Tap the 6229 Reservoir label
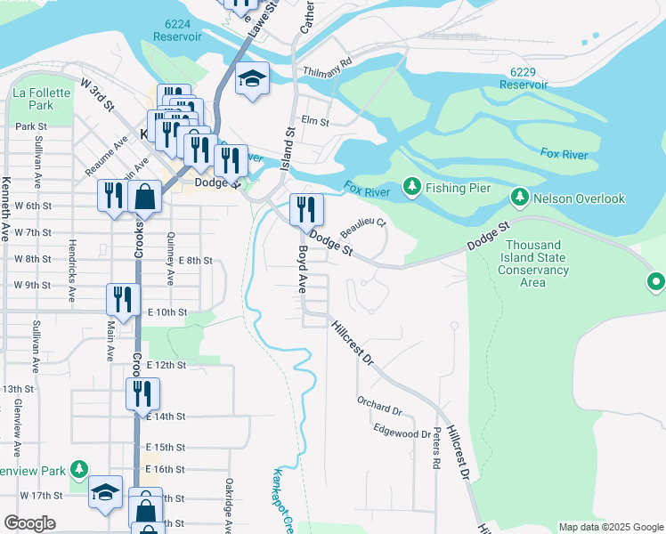[x=524, y=77]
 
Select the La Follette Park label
[x=34, y=98]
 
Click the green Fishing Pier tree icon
[x=411, y=187]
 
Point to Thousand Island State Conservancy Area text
[x=532, y=263]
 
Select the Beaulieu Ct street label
[x=363, y=228]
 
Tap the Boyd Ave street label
[x=302, y=271]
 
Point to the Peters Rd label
[x=437, y=452]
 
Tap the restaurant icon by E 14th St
[x=142, y=393]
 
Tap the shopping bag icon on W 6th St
[x=144, y=196]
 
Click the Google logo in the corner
[x=29, y=523]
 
